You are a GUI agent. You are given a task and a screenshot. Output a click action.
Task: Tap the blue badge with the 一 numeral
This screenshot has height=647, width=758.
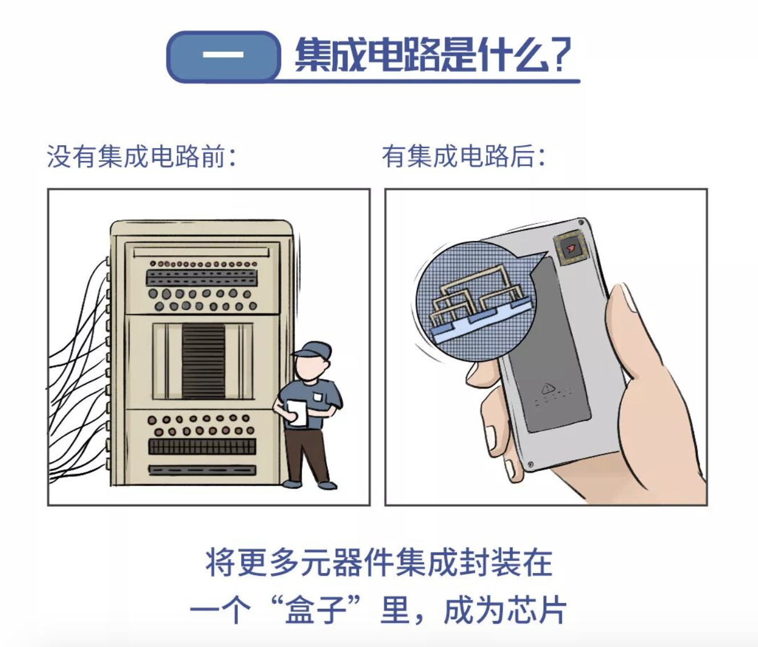[223, 56]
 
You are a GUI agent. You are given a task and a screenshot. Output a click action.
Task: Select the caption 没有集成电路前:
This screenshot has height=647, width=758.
[141, 156]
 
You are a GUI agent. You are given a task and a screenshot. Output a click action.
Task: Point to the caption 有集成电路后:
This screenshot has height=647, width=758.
[463, 156]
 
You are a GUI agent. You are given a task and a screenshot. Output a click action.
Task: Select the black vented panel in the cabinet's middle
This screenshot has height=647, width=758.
[203, 361]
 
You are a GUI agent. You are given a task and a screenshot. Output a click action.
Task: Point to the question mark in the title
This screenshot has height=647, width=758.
[562, 55]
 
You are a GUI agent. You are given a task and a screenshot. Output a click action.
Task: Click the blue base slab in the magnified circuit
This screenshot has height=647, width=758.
[456, 333]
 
